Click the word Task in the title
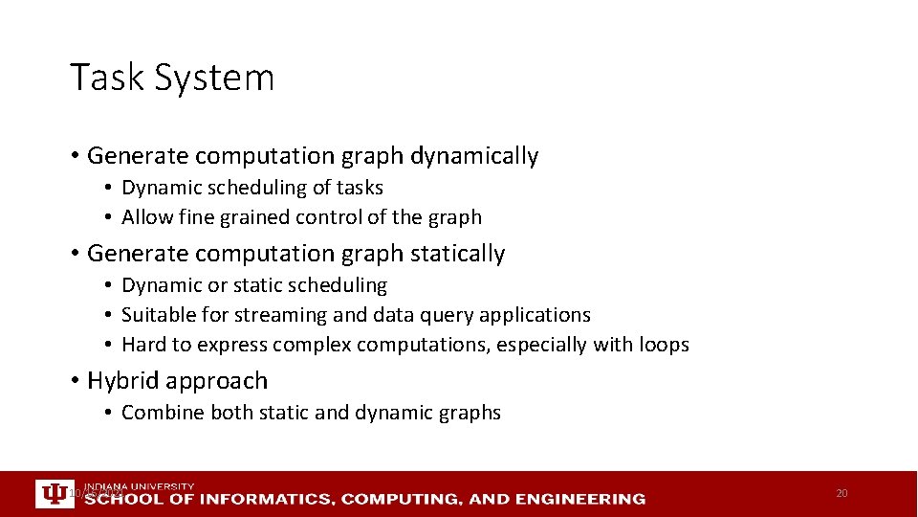pyautogui.click(x=104, y=78)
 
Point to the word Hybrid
pyautogui.click(x=122, y=381)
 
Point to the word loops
pyautogui.click(x=663, y=345)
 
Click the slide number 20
pyautogui.click(x=841, y=493)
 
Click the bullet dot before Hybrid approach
pyautogui.click(x=75, y=381)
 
